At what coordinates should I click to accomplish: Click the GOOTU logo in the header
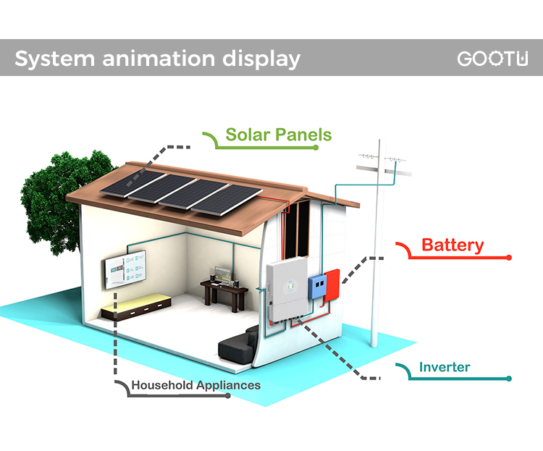[492, 59]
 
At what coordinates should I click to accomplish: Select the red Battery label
[452, 245]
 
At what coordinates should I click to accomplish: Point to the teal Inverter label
[445, 367]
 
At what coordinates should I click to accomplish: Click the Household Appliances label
[195, 385]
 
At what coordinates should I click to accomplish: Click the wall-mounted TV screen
[124, 270]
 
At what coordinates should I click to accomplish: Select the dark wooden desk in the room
[223, 290]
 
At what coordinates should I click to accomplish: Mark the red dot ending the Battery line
[509, 257]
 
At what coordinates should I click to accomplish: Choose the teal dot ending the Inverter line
[510, 379]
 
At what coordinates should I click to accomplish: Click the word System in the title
[47, 59]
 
